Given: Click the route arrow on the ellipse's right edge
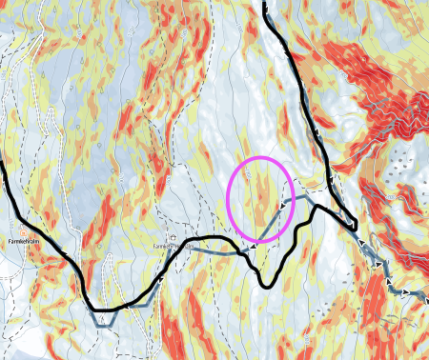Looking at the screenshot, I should [x=285, y=203].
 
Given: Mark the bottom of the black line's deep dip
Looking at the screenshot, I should [x=267, y=283].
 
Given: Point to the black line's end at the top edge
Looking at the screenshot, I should [x=264, y=4].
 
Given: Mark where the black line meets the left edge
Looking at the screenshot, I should [x=2, y=162].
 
